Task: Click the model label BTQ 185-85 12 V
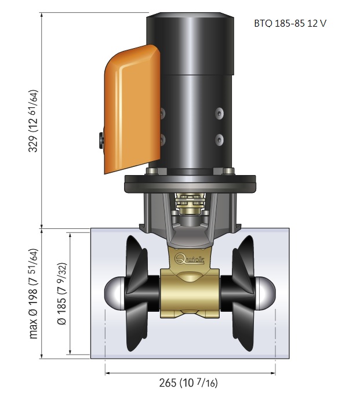pos(290,23)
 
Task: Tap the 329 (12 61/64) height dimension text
pos(33,121)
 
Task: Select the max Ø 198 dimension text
pos(33,294)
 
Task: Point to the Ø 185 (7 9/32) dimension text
pos(62,294)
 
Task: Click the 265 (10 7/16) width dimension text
pos(188,383)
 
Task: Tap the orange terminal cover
pos(132,109)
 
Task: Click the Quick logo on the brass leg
pos(190,258)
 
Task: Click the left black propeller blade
pos(137,293)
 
